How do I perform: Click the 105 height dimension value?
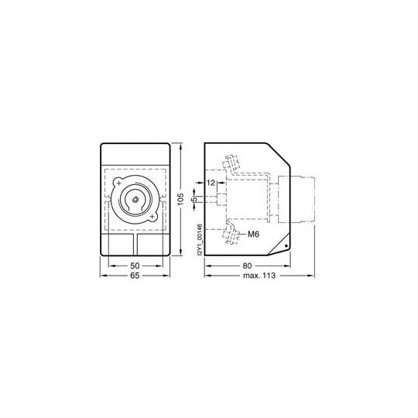[x=180, y=199]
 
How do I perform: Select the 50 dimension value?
[x=135, y=266]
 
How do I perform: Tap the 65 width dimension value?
[x=135, y=276]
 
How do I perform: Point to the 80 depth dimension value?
[x=247, y=266]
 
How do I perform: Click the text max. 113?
[x=259, y=276]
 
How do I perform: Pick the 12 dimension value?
[x=211, y=183]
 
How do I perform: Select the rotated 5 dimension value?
[x=194, y=199]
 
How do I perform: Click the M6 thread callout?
[x=254, y=235]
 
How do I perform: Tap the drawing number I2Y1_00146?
[x=200, y=240]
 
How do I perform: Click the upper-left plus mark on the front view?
[x=119, y=183]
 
